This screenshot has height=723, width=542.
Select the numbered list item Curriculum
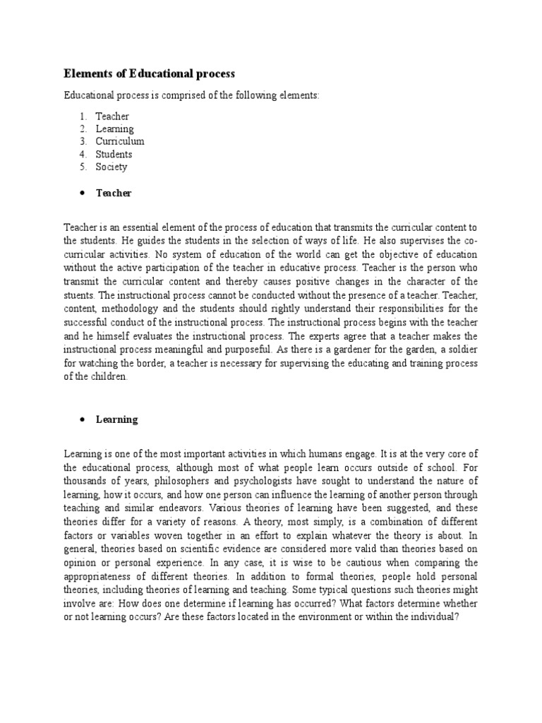[120, 141]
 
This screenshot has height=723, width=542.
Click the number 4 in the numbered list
[82, 154]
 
